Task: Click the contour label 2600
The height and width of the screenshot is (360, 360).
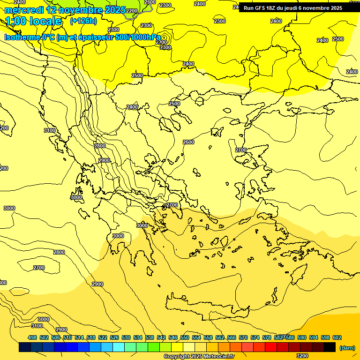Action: click(188, 142)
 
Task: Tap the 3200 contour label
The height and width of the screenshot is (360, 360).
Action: click(302, 355)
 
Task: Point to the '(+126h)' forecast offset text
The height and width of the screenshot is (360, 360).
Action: click(83, 21)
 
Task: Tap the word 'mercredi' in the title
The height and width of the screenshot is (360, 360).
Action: click(23, 9)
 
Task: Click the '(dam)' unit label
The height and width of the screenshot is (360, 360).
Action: click(347, 347)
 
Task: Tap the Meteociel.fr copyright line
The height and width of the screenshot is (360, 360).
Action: click(199, 356)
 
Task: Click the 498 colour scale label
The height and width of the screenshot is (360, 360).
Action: click(32, 337)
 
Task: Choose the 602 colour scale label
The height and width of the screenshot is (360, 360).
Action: click(337, 337)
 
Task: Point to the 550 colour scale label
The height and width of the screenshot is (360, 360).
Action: click(185, 337)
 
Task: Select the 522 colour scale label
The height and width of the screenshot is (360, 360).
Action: click(103, 337)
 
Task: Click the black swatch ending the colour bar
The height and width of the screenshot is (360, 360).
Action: click(330, 347)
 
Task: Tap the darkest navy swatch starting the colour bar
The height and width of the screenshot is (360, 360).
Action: click(25, 347)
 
